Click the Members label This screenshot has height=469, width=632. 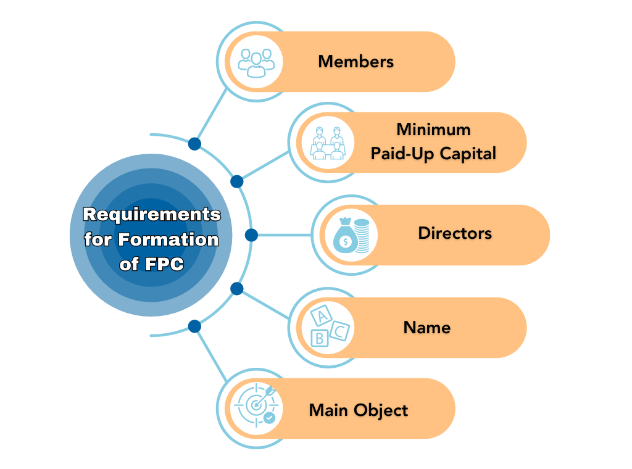pyautogui.click(x=355, y=62)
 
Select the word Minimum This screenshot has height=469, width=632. pyautogui.click(x=433, y=130)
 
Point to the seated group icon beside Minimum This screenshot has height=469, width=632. pyautogui.click(x=328, y=143)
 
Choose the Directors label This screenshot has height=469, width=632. pyautogui.click(x=455, y=233)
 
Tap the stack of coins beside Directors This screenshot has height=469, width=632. pyautogui.click(x=364, y=238)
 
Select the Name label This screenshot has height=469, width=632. pyautogui.click(x=427, y=327)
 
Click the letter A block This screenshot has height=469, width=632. pyautogui.click(x=320, y=317)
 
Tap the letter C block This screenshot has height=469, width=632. pyautogui.click(x=339, y=331)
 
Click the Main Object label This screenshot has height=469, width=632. pyautogui.click(x=359, y=410)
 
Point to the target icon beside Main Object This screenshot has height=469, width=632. pyautogui.click(x=254, y=405)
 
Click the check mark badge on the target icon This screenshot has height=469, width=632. pyautogui.click(x=269, y=418)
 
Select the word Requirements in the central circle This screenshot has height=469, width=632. pyautogui.click(x=152, y=215)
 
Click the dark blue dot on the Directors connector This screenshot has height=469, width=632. pyautogui.click(x=251, y=235)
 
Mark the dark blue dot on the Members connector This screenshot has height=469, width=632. pyautogui.click(x=194, y=144)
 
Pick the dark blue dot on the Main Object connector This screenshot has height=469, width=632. pyautogui.click(x=194, y=326)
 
